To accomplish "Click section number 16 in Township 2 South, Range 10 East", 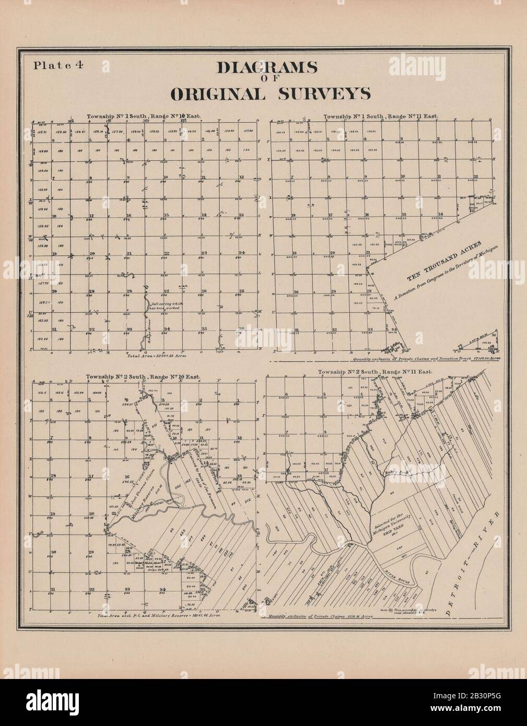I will click(x=127, y=477).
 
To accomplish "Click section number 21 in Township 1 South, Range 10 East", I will click(x=128, y=254).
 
